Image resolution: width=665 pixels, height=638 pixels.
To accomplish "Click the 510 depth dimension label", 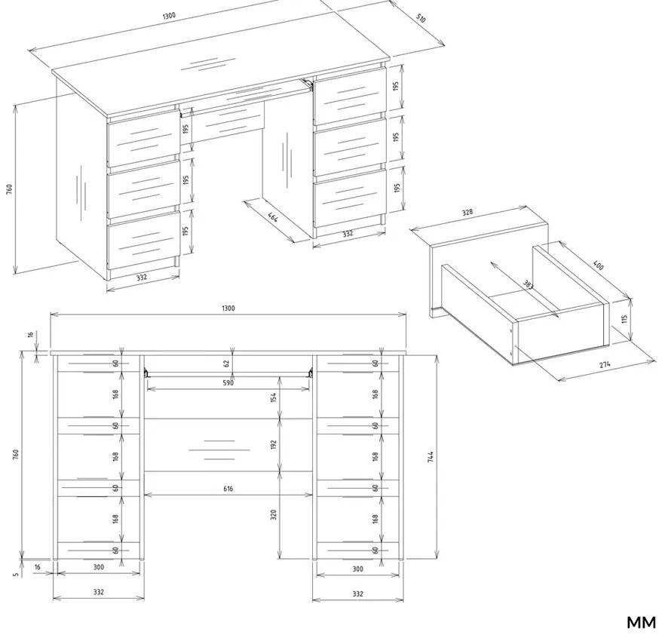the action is point(420,18).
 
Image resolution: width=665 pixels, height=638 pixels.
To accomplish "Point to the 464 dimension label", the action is point(274,218).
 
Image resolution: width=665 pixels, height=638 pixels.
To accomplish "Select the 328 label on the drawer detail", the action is point(467,212).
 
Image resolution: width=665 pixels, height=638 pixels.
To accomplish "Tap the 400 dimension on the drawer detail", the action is point(597,265).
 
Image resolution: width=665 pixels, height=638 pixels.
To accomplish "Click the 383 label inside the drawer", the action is point(528,284).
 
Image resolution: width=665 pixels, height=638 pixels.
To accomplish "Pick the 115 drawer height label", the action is point(624,318).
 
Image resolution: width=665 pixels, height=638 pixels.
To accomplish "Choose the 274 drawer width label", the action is point(605,364).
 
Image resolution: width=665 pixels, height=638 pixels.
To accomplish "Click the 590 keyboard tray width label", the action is point(228,383).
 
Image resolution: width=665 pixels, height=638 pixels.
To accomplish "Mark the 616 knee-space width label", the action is point(228,489).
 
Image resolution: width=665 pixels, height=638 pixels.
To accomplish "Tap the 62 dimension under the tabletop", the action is point(226,363).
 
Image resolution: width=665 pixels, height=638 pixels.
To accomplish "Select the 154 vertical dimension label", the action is point(274,397).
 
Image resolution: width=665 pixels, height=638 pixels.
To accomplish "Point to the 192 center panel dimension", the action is point(274,445).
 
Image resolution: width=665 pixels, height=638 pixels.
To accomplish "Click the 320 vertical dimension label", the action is point(274,515).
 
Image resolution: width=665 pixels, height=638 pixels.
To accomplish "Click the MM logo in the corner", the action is point(641,623).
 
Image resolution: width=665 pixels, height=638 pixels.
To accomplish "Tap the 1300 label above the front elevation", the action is point(228,308).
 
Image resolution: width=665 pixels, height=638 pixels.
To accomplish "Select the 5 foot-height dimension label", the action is point(16,575).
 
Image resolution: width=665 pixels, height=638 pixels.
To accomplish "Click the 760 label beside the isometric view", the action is point(9,189).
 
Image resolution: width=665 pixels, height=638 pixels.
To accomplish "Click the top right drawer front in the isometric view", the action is point(351,96).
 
